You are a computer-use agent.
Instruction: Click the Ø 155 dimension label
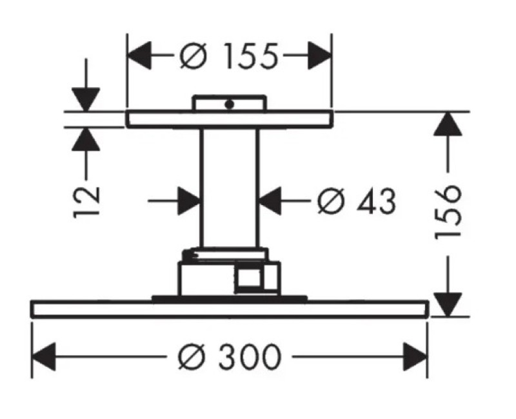coord(229,56)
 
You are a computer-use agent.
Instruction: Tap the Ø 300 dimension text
coord(230,356)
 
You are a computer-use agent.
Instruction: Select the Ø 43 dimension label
coord(357,201)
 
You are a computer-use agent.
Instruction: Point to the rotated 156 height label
coord(447,212)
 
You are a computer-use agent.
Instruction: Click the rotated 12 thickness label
coord(86,202)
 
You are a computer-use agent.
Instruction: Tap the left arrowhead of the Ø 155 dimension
coord(139,55)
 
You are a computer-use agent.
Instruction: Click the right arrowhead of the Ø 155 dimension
coord(319,55)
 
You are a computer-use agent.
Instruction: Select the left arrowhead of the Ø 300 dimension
coord(43,357)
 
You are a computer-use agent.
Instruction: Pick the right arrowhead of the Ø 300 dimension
coord(415,357)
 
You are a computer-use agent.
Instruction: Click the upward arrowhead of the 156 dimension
coord(447,124)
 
